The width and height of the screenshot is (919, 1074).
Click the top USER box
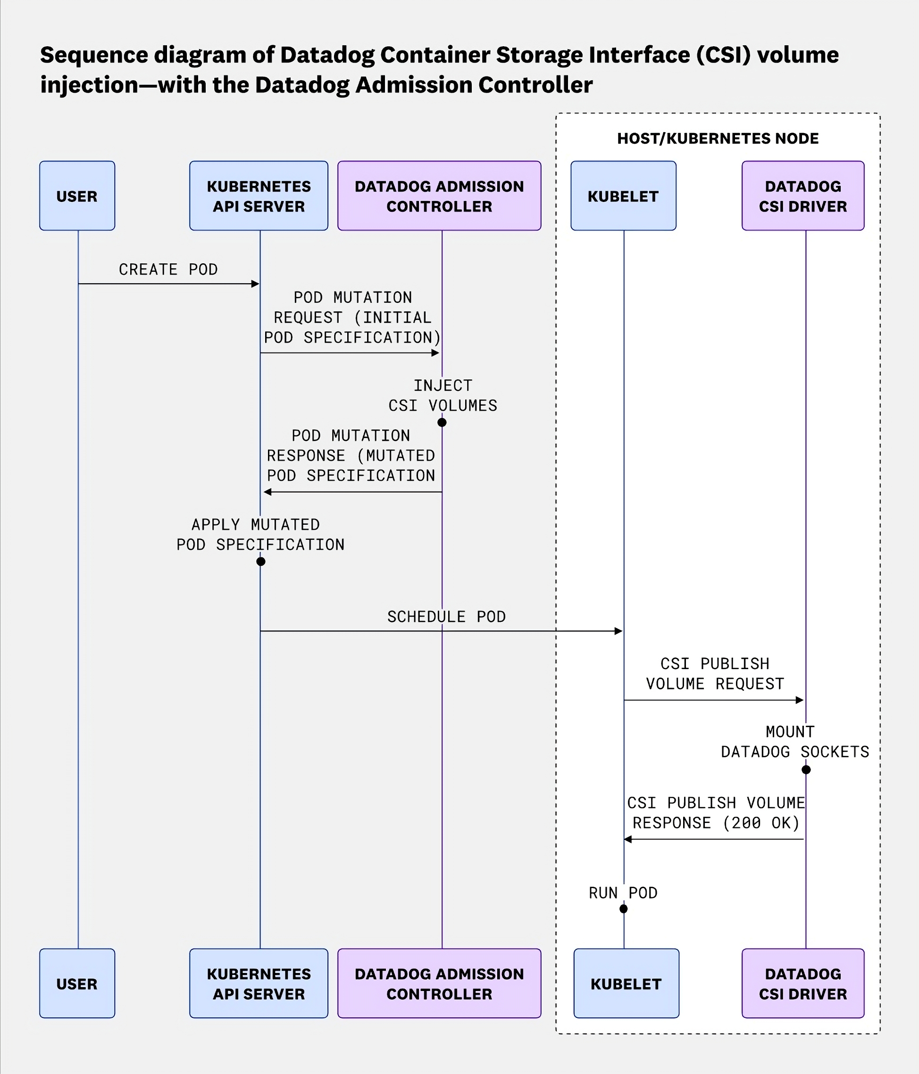point(77,196)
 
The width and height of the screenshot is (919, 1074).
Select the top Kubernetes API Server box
point(259,196)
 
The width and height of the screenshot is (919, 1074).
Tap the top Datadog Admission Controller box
point(439,196)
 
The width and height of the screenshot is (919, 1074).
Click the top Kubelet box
point(623,196)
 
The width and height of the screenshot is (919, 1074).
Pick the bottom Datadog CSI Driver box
point(802,983)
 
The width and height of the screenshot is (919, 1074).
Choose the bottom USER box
point(77,983)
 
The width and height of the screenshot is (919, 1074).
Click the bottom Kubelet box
point(626,983)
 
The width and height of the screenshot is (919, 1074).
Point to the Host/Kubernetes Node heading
point(718,138)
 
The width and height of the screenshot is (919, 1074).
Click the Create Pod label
point(168,269)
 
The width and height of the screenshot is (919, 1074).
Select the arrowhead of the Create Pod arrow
point(255,284)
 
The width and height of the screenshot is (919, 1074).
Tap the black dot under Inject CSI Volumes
point(442,422)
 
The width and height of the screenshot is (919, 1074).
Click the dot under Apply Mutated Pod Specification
point(261,562)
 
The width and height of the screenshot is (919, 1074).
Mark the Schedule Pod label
point(446,617)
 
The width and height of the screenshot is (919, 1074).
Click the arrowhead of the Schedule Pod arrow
point(618,631)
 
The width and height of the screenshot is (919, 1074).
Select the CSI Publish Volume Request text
point(715,674)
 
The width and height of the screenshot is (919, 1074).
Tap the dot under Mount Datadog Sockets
point(806,770)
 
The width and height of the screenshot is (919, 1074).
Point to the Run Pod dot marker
point(624,909)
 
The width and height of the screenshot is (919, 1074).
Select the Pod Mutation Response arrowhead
point(267,492)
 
